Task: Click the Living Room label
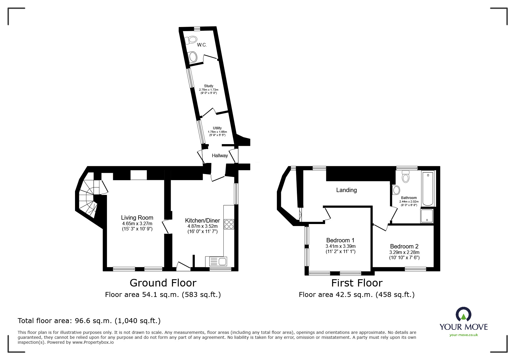137,218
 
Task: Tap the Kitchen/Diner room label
202,221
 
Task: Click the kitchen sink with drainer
216,262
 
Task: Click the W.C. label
202,45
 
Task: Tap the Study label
209,86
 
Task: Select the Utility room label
217,128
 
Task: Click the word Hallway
220,156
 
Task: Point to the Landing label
346,190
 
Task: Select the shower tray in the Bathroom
427,216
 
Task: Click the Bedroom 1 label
340,240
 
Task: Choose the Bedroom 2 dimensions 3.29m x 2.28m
404,252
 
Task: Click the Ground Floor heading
163,283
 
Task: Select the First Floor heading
357,283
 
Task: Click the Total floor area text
89,321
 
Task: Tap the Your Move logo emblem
464,314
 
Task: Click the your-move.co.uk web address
464,335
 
